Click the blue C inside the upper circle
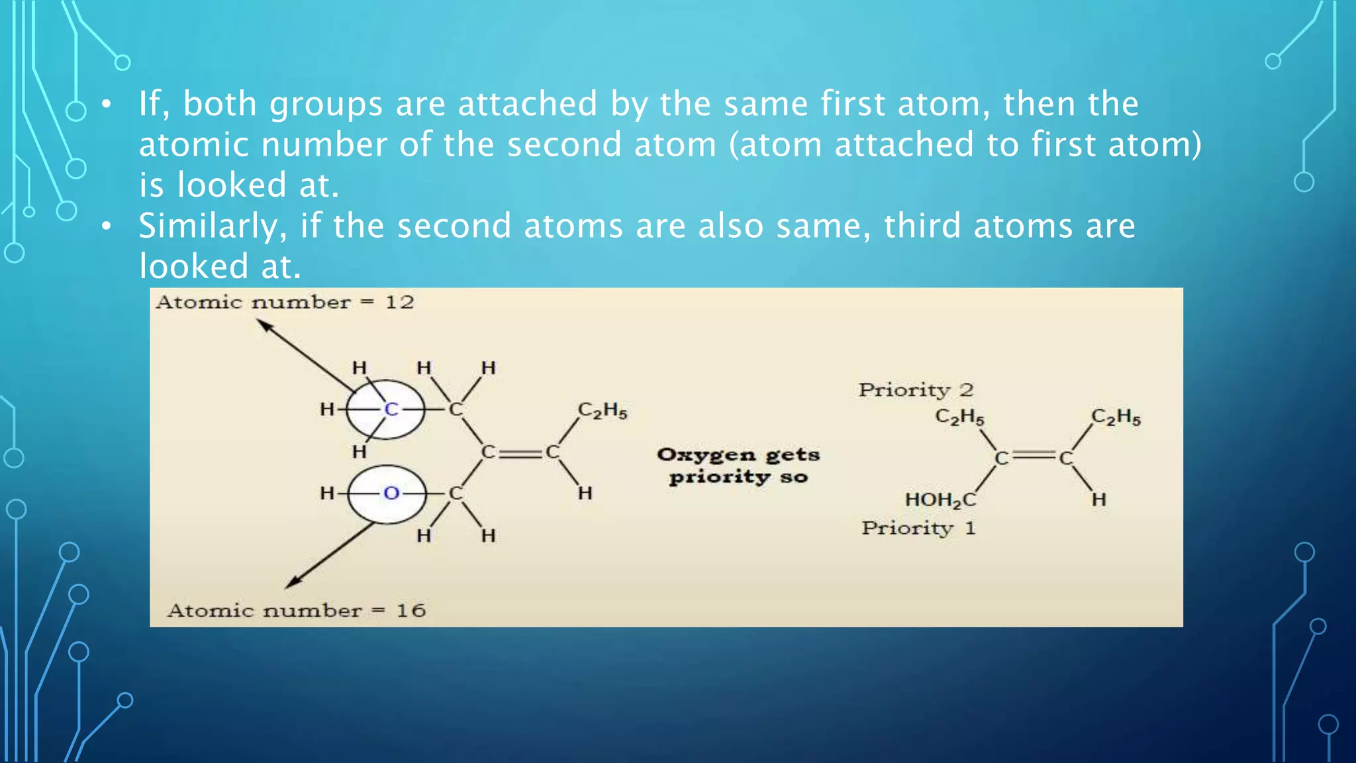(x=391, y=409)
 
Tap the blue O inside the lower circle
(x=391, y=493)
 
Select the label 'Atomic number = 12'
(x=285, y=303)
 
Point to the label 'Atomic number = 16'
(x=296, y=611)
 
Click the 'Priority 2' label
(x=916, y=390)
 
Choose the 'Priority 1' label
(x=918, y=529)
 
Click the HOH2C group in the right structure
(x=940, y=500)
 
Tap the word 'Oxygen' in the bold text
(x=706, y=455)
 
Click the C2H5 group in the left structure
(x=603, y=411)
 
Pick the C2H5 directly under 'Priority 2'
(x=959, y=417)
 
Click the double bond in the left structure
(x=520, y=453)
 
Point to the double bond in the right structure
(x=1034, y=457)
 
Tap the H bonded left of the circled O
(x=327, y=493)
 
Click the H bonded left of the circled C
(x=327, y=409)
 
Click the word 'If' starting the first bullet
(x=150, y=104)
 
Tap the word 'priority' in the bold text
(x=719, y=478)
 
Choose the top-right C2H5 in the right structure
(x=1116, y=417)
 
